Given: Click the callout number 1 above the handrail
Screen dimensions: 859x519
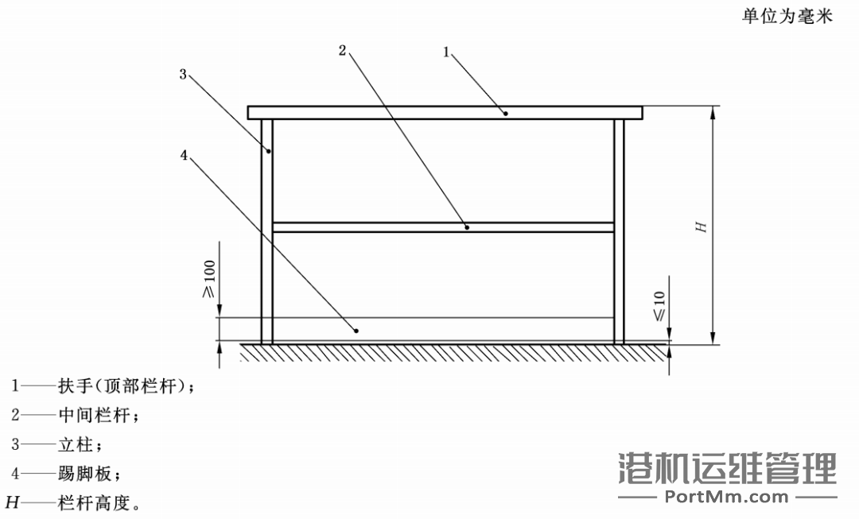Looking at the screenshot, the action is coord(446,52).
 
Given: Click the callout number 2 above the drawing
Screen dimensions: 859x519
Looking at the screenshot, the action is coord(342,50).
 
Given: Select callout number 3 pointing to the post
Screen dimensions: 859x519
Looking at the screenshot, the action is coord(183,74).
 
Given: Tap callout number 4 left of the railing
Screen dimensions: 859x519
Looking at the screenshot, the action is coord(184,156).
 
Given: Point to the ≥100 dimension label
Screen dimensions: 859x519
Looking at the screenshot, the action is coord(209,279).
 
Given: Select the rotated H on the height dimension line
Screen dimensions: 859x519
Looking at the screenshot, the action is coord(702,227).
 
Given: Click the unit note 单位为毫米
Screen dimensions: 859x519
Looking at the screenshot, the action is coord(787,16).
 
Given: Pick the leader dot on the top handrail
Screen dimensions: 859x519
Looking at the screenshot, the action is coord(506,114).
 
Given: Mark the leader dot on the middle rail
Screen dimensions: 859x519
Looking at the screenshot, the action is coord(467,227).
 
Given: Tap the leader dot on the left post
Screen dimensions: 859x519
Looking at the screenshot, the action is coord(269,151).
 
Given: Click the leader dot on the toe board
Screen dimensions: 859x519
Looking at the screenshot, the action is coord(356,331).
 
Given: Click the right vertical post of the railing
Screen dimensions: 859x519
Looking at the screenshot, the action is coord(619,231).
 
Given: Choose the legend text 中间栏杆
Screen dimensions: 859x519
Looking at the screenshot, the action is coord(95,415).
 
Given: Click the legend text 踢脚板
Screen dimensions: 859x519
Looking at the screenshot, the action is coord(85,473).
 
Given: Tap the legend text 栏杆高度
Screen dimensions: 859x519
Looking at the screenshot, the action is coord(95,502).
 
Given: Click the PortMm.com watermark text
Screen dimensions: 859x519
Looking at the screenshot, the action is coord(726,497).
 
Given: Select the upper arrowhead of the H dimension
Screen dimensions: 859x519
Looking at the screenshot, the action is coord(713,112).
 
